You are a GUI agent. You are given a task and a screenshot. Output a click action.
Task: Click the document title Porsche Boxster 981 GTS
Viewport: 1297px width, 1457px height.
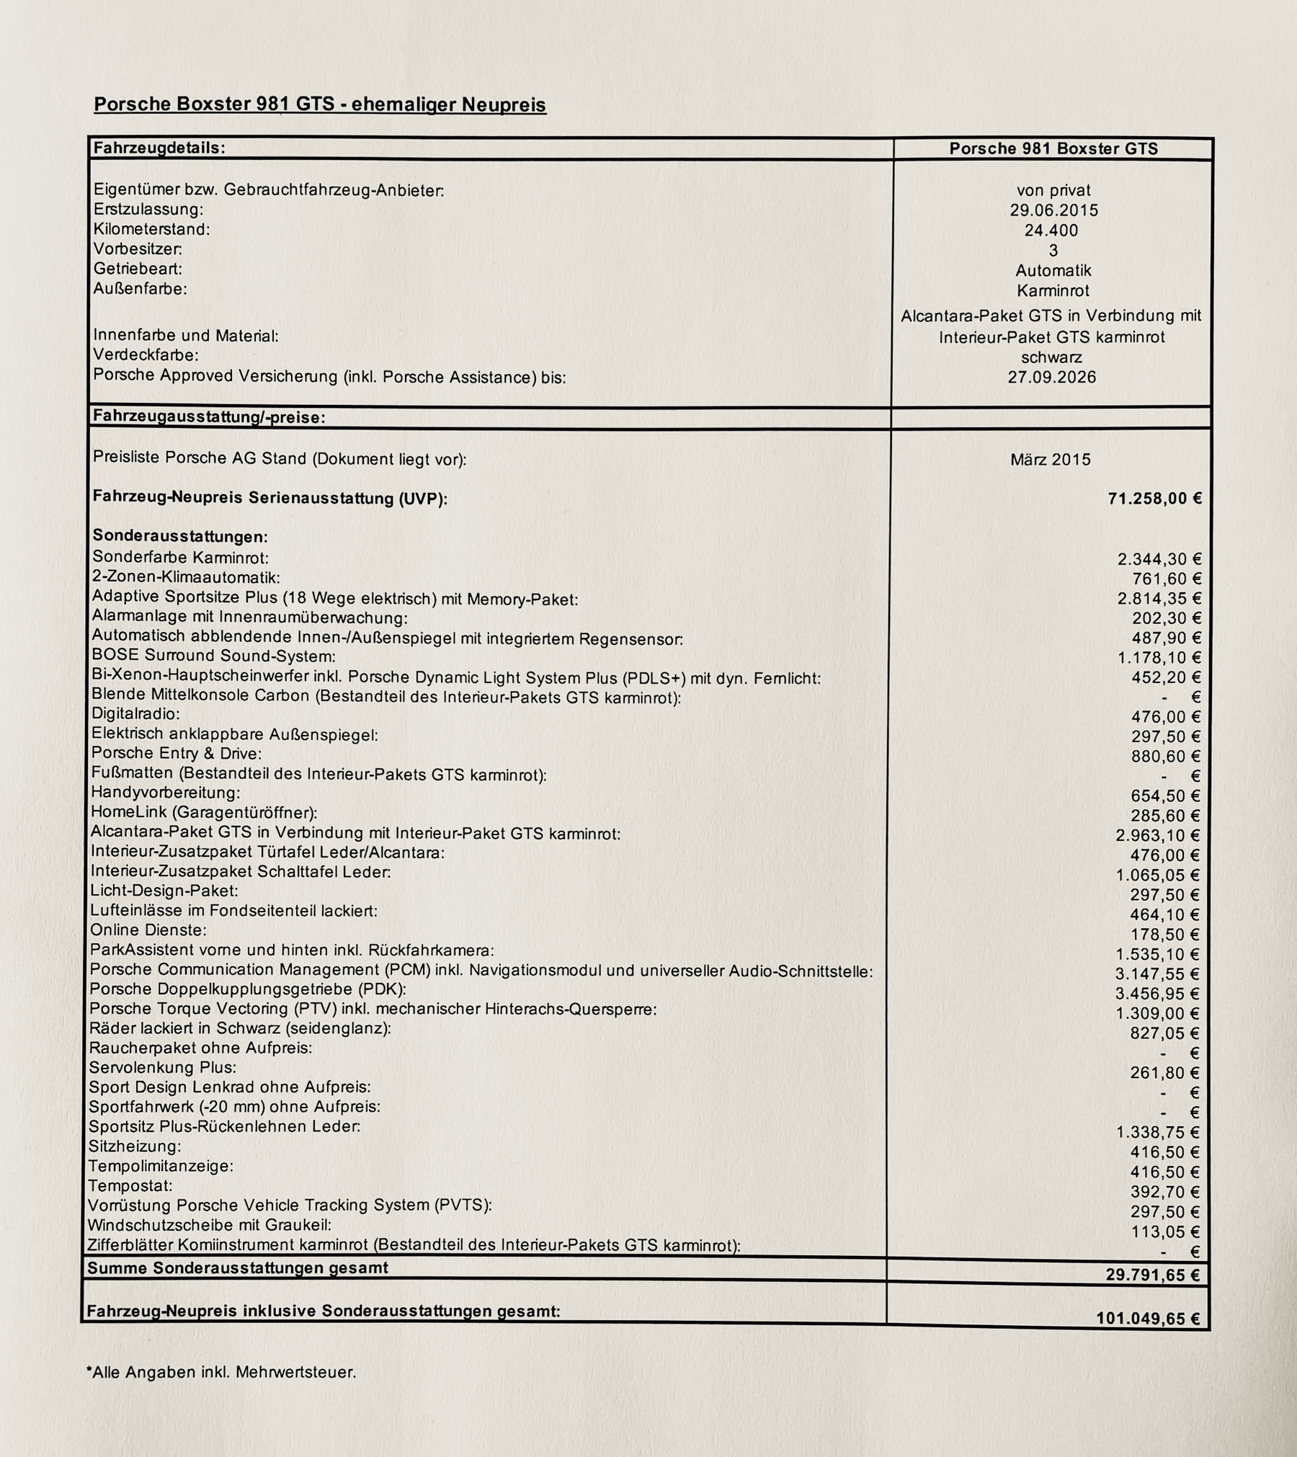point(320,104)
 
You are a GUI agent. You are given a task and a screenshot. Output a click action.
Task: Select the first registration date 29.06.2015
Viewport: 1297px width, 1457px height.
point(1053,210)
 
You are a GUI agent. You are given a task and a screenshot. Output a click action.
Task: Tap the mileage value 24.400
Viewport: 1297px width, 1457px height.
point(1051,231)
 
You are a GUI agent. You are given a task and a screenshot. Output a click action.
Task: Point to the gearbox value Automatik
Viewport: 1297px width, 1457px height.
point(1053,271)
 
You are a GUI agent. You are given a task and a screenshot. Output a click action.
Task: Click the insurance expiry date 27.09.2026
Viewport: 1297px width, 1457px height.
point(1051,377)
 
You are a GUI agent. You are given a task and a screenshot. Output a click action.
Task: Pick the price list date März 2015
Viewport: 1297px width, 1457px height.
point(1050,460)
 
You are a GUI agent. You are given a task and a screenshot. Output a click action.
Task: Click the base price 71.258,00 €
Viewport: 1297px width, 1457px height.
point(1154,499)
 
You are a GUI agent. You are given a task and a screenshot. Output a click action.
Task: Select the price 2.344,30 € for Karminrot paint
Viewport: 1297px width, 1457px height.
point(1159,559)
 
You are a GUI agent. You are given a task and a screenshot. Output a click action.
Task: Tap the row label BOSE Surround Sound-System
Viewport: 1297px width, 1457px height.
point(213,656)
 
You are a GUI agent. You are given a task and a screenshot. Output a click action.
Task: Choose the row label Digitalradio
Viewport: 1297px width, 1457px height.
point(135,714)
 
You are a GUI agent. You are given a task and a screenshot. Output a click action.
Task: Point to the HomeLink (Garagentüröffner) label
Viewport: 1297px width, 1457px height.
point(204,813)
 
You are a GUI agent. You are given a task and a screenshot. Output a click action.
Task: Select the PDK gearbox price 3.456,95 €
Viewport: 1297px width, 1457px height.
point(1157,994)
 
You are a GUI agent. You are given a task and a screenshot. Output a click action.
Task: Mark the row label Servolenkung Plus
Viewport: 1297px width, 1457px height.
point(162,1067)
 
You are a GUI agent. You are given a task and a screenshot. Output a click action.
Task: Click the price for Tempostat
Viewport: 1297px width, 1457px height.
point(1164,1192)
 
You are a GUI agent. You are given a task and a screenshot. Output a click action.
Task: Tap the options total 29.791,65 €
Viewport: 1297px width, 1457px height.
point(1152,1275)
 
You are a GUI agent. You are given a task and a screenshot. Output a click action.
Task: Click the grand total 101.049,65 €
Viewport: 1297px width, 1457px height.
point(1148,1319)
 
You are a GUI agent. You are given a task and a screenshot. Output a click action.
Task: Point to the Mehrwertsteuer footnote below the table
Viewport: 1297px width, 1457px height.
point(221,1372)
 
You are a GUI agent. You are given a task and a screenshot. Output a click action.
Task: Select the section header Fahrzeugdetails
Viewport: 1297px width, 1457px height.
point(159,148)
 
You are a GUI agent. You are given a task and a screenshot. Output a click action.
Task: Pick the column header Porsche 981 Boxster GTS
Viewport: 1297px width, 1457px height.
point(1053,149)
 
